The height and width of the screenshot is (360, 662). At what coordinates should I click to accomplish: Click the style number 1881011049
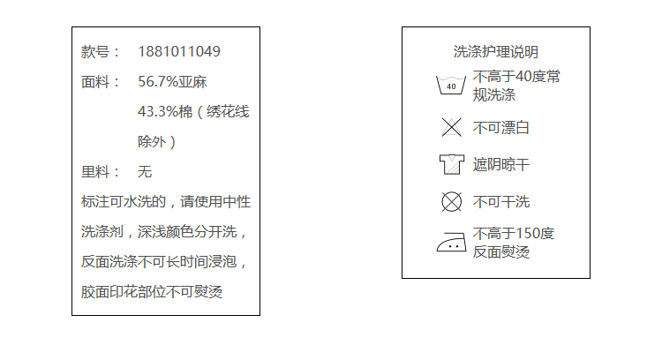pos(179,52)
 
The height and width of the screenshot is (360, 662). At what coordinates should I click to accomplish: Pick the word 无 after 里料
pos(145,172)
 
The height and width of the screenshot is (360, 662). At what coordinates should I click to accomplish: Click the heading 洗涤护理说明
pos(495,52)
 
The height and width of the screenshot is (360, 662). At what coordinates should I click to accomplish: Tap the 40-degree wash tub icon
pos(451,86)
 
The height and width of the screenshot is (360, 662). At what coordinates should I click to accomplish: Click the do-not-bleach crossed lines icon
pos(451,127)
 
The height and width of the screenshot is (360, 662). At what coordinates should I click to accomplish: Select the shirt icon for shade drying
pos(451,164)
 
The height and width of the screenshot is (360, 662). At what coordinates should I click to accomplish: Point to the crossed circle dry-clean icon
pos(451,202)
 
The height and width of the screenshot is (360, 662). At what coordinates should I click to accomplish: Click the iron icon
pos(451,242)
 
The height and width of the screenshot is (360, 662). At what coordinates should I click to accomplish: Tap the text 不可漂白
pos(501,128)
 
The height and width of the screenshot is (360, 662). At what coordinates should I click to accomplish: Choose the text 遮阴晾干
pos(501,165)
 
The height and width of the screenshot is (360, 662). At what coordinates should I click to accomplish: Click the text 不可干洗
pos(501,202)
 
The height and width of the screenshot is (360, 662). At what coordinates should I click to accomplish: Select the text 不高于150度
pos(514,234)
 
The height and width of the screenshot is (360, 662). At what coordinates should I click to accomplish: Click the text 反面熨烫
pos(501,252)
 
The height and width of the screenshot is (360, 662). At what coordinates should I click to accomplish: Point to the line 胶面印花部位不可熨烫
pos(151,291)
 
